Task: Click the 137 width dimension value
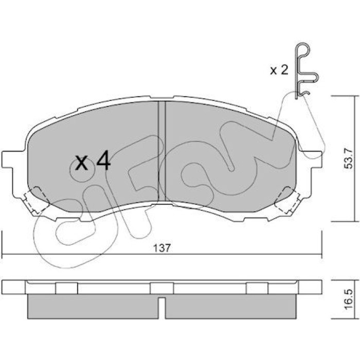[162, 248]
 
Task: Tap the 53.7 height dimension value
[348, 159]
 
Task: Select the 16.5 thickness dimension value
[348, 300]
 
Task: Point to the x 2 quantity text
[279, 70]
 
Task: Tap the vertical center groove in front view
[162, 152]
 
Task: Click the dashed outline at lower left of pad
[37, 200]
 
